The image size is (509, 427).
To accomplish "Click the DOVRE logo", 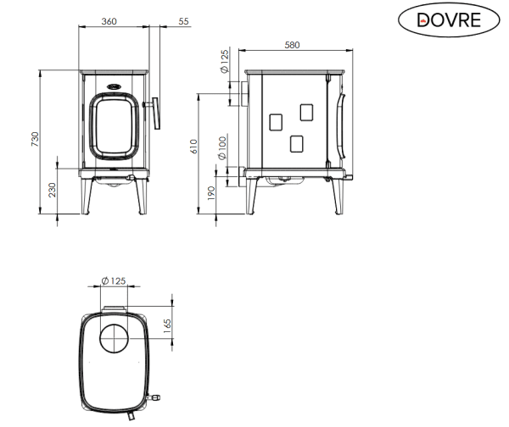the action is point(449,19).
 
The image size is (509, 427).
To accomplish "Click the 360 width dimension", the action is point(109,21).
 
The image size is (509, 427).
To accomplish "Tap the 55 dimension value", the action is point(183,21).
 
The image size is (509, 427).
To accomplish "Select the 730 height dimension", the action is point(35,139).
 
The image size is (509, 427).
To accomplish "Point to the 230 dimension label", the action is point(53,190).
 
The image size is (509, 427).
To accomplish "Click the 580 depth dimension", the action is point(292,45).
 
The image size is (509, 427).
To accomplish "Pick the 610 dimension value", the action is point(193,147).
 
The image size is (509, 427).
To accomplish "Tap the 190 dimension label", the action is point(211,193).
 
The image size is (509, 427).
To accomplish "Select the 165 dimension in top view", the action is point(167,326).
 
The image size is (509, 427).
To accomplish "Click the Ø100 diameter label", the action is point(222,148).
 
